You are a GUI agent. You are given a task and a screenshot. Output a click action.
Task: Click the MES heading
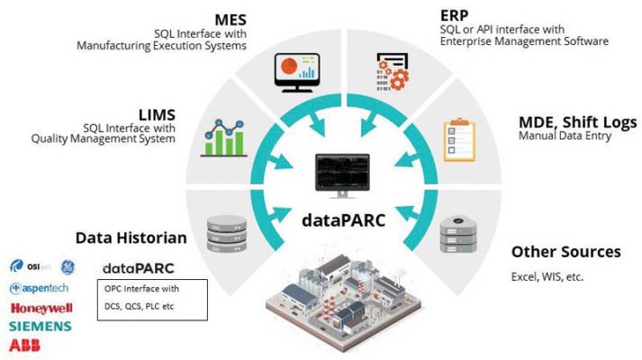click(230, 19)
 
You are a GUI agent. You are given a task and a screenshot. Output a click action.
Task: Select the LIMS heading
click(156, 113)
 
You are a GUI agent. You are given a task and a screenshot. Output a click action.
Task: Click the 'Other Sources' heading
click(565, 251)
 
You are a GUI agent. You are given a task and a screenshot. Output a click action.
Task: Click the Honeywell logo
click(41, 308)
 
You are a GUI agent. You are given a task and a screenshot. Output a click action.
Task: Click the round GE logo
click(68, 266)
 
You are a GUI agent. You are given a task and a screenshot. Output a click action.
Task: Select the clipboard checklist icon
click(458, 140)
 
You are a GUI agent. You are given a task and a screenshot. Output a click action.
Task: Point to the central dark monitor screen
click(341, 172)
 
